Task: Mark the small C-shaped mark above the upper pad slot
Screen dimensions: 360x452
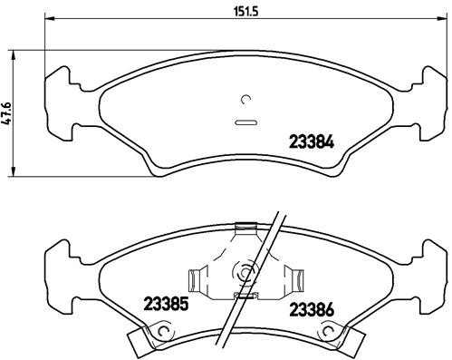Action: click(246, 101)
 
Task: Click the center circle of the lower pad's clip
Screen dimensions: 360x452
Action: click(245, 270)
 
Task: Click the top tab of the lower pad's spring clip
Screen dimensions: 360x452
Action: click(243, 228)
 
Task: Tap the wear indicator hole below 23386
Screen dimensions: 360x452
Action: click(325, 338)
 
